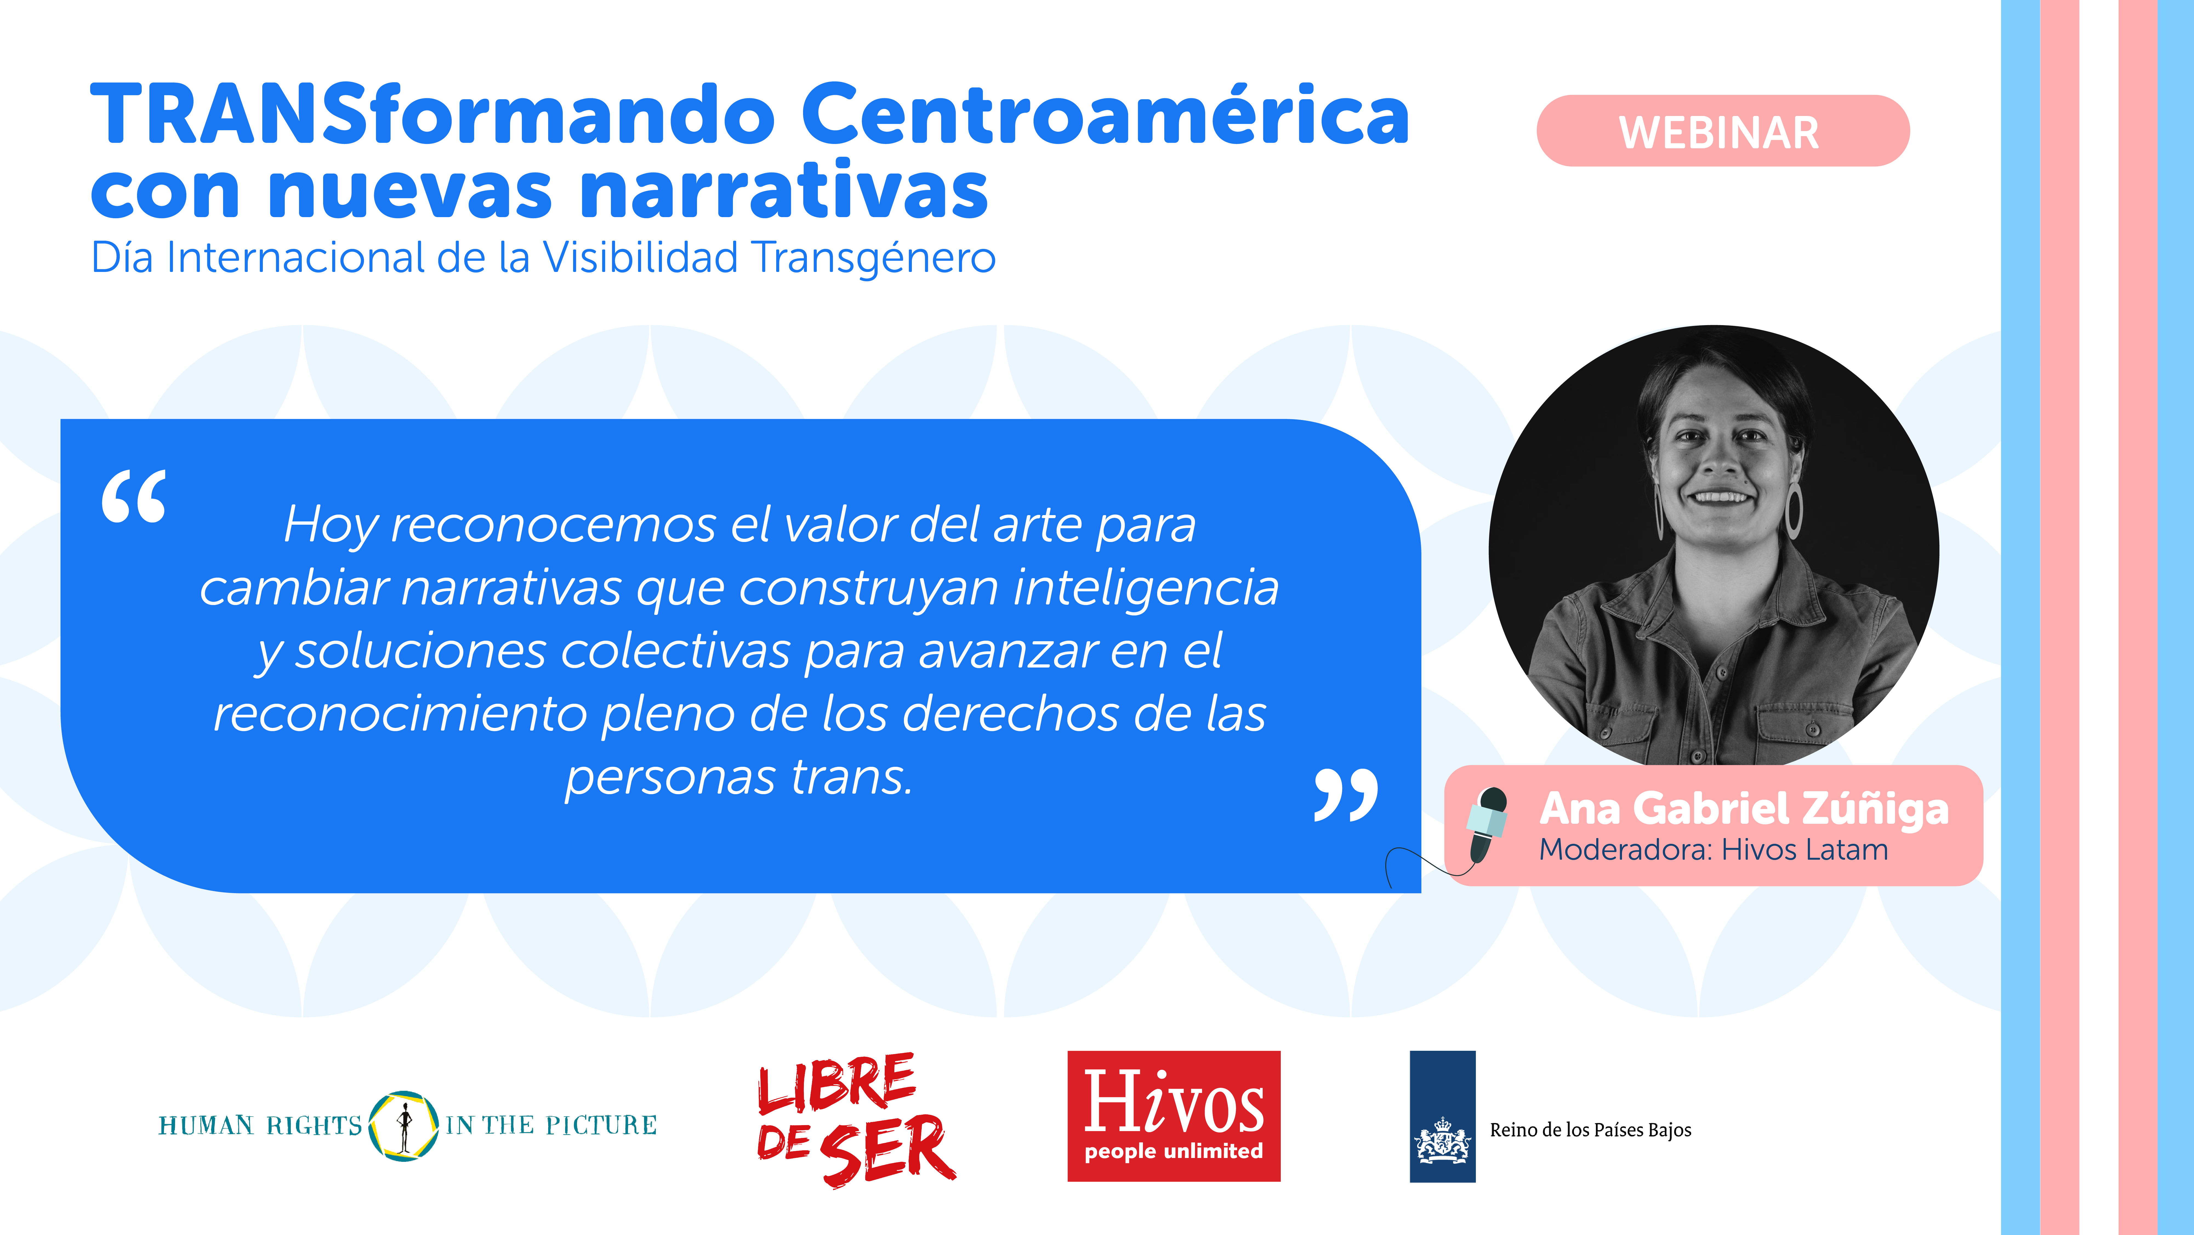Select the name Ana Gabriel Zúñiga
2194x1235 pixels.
coord(1743,809)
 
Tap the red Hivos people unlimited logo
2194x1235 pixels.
coord(1174,1116)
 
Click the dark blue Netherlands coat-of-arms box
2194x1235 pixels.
coord(1442,1116)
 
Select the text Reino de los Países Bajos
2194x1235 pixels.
coord(1590,1130)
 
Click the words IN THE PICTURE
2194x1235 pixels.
coord(551,1125)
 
